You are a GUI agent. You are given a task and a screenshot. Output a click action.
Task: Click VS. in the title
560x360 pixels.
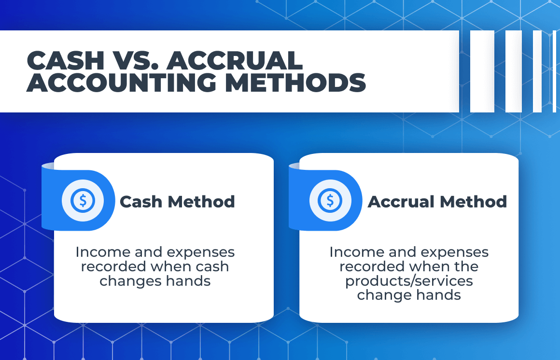tap(139, 61)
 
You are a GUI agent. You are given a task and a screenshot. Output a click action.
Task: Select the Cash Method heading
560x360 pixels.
tap(177, 202)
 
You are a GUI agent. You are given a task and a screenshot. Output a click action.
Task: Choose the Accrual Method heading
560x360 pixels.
tap(437, 202)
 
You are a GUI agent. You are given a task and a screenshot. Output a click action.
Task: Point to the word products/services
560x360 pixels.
tap(409, 281)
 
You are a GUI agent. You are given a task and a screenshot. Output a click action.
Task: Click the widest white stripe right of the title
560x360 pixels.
tap(482, 71)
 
